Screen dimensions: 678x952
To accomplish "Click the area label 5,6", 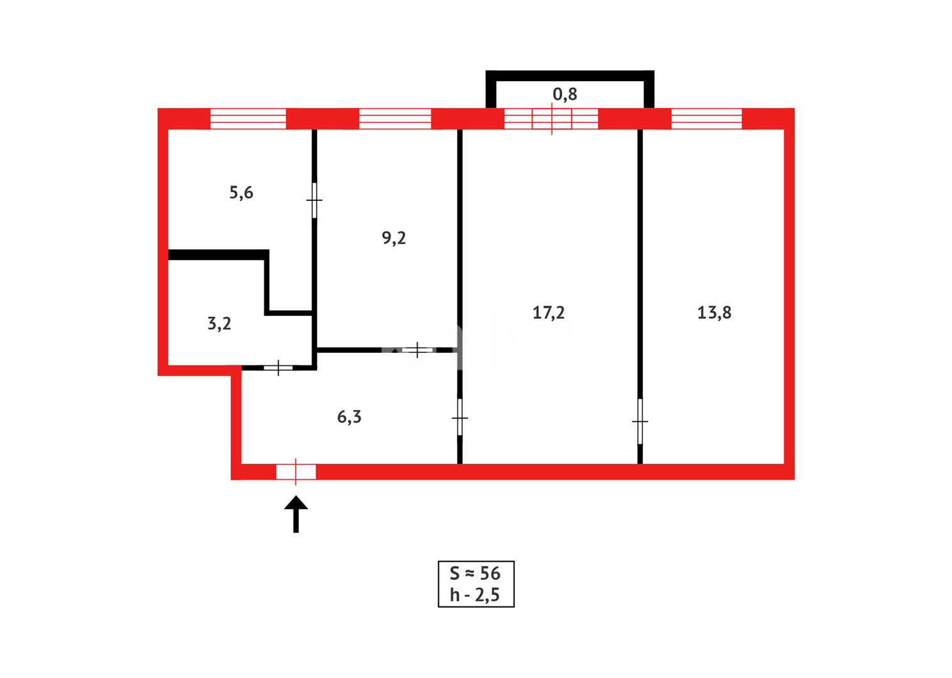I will coord(241,193).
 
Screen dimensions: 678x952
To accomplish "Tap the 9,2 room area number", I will coord(394,238).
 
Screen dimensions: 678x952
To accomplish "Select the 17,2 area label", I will coord(548,313).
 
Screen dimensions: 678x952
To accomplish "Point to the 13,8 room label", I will coord(714,313).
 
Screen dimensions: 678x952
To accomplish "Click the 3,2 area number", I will coord(219,324).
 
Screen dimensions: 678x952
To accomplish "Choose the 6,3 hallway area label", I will coord(349,417).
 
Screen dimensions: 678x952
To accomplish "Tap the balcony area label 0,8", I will coord(565,94).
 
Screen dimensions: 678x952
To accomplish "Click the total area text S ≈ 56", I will coord(475,573).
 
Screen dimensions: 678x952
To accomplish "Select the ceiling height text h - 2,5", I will coord(475,595).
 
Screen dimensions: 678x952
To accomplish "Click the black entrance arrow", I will coord(296,514).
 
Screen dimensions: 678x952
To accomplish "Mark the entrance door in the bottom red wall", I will coord(296,471).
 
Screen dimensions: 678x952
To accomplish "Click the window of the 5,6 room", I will coord(247,119).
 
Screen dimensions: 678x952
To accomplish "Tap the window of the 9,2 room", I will coord(395,119).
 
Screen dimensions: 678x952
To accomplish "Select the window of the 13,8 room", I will coord(706,119).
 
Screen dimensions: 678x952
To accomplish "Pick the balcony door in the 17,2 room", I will coord(551,119).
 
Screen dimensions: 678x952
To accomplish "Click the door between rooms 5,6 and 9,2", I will coord(315,200).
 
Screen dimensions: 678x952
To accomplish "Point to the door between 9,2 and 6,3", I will coord(418,350).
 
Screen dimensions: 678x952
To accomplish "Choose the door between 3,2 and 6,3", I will coord(278,367).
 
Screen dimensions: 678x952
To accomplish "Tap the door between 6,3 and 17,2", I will coord(460,417).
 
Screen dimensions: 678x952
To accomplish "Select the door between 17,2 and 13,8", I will coord(640,421).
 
